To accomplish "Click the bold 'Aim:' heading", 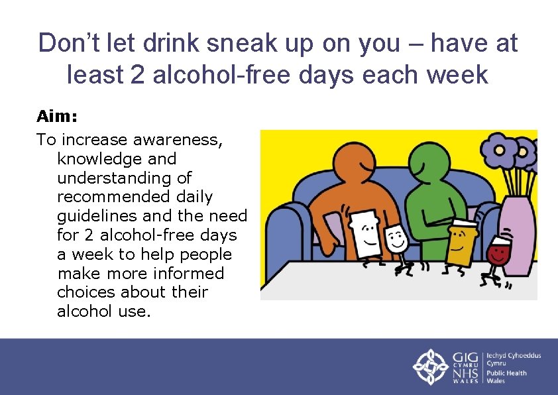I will pyautogui.click(x=57, y=117).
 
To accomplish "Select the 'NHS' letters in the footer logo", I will pyautogui.click(x=465, y=374).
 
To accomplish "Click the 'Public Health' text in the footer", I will pyautogui.click(x=507, y=372).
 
